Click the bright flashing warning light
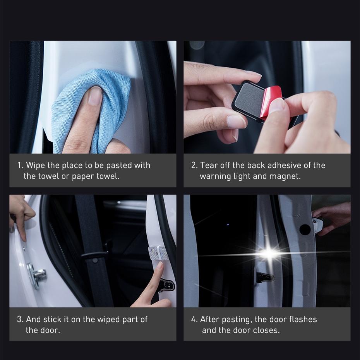pos(268,254)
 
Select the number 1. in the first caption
pos(21,165)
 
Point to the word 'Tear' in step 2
pos(209,165)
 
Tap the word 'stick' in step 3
pos(52,319)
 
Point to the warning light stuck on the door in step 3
pos(158,252)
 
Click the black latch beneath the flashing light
pos(265,277)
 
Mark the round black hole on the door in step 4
pos(305,230)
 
